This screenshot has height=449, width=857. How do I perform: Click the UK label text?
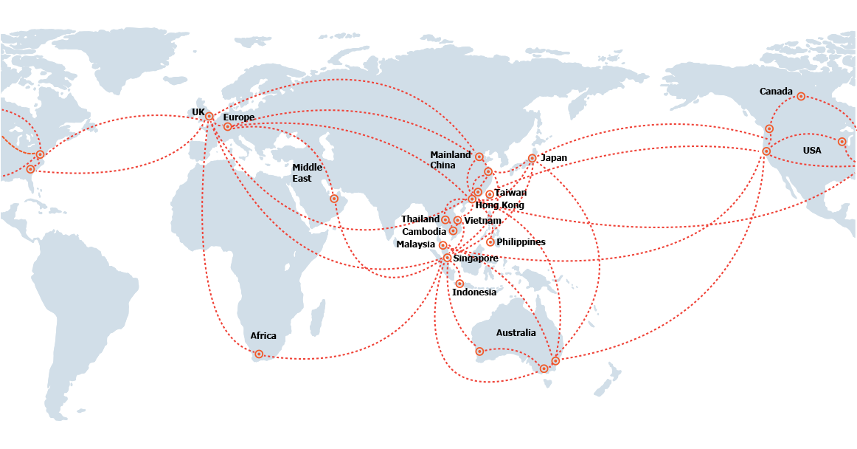198,112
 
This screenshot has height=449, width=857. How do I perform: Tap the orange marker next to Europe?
228,127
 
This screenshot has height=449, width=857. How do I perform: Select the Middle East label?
307,173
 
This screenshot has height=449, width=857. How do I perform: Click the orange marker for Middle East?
334,199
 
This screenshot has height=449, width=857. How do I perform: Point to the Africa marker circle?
259,354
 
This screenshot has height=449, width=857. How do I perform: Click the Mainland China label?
451,160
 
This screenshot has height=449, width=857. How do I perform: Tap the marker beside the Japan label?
532,158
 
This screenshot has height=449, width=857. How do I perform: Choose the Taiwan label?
510,193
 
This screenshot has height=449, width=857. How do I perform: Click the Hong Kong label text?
499,205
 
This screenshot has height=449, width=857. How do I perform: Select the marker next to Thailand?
445,219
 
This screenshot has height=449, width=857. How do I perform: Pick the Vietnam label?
482,221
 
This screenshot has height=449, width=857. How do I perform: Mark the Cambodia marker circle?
453,231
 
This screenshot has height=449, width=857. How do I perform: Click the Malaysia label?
415,244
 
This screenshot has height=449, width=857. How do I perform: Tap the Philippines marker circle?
490,242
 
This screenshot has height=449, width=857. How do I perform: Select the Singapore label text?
475,258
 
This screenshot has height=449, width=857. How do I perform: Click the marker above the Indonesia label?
459,284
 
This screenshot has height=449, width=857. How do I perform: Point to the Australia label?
516,333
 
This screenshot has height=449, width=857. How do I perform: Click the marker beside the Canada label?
801,96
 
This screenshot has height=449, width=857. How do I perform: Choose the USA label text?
811,151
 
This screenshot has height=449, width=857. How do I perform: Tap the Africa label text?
263,335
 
